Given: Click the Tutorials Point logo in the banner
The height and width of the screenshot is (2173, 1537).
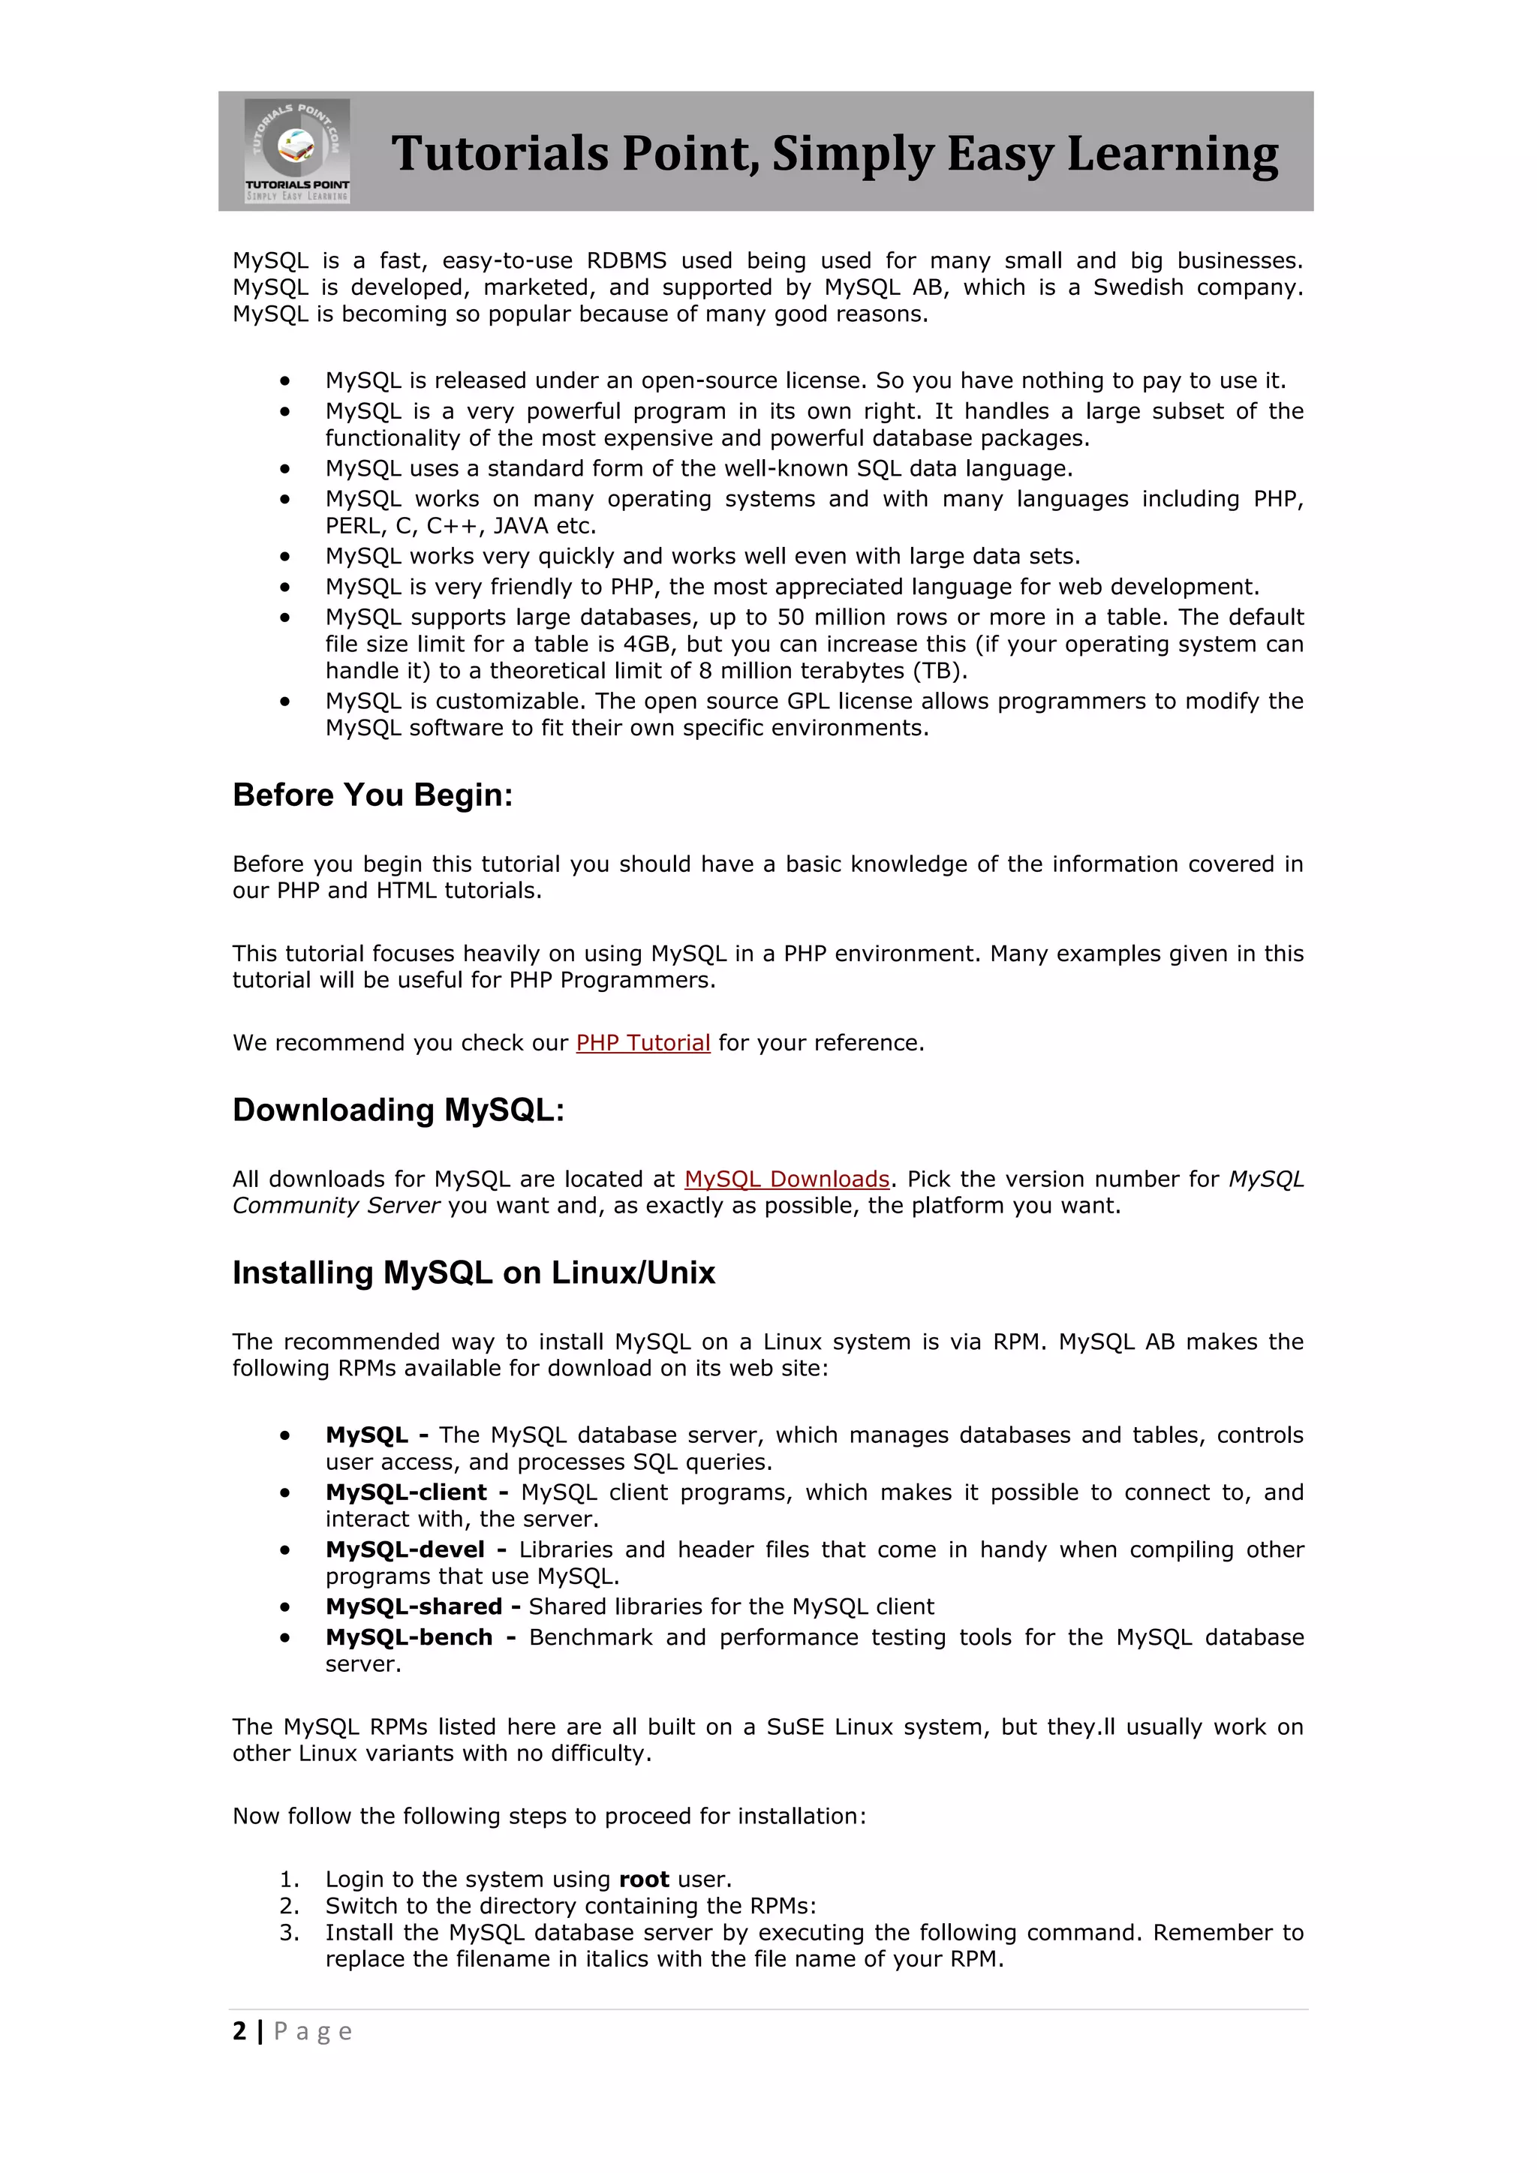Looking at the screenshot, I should point(297,151).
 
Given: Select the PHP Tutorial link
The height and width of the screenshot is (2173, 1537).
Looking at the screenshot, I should point(642,1043).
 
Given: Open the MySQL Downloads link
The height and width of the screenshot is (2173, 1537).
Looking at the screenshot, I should point(787,1180).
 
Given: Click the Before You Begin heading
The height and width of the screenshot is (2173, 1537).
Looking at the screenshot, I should point(372,795).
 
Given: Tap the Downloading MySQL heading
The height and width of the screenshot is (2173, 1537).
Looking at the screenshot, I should point(399,1111).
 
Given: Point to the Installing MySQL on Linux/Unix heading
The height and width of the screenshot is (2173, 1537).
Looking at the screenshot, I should point(474,1273).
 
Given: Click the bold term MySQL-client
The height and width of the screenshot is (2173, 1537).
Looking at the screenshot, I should point(405,1492).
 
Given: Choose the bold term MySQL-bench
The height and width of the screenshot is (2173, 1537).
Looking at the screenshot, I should point(409,1637).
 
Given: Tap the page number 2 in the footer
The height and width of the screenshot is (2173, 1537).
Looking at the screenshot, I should point(239,2031).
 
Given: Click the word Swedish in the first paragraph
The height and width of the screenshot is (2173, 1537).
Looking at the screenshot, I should point(1138,287).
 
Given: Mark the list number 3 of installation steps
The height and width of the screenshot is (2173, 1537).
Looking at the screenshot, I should point(289,1933).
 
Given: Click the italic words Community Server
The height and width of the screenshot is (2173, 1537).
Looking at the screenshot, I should point(336,1206).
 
